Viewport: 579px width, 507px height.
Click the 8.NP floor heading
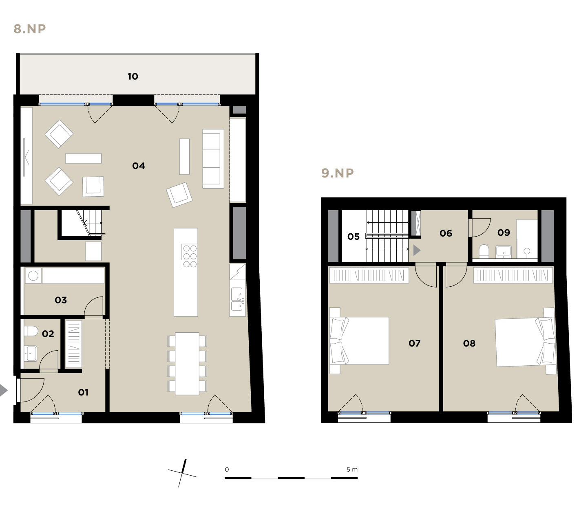[x=30, y=29]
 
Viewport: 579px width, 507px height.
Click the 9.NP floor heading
[x=338, y=173]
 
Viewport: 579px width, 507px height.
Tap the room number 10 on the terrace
[x=133, y=76]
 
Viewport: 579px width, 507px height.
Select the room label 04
[x=138, y=166]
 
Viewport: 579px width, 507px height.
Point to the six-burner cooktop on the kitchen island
[x=190, y=257]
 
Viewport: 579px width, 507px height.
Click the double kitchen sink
[x=237, y=298]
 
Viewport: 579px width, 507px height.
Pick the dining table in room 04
[x=187, y=363]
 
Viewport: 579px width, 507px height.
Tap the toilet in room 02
[x=31, y=331]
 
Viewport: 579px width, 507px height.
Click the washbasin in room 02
[x=30, y=353]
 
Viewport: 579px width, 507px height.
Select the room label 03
[x=61, y=300]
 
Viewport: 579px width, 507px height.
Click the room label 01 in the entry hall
[x=83, y=392]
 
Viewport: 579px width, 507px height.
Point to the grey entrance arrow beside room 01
[x=3, y=390]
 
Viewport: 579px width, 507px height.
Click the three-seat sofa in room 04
[x=213, y=159]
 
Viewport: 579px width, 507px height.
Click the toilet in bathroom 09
[x=484, y=251]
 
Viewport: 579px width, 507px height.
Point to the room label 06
[x=446, y=233]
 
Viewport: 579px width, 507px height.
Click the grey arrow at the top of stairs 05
[x=417, y=250]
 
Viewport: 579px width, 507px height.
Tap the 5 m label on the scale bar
[x=352, y=469]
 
